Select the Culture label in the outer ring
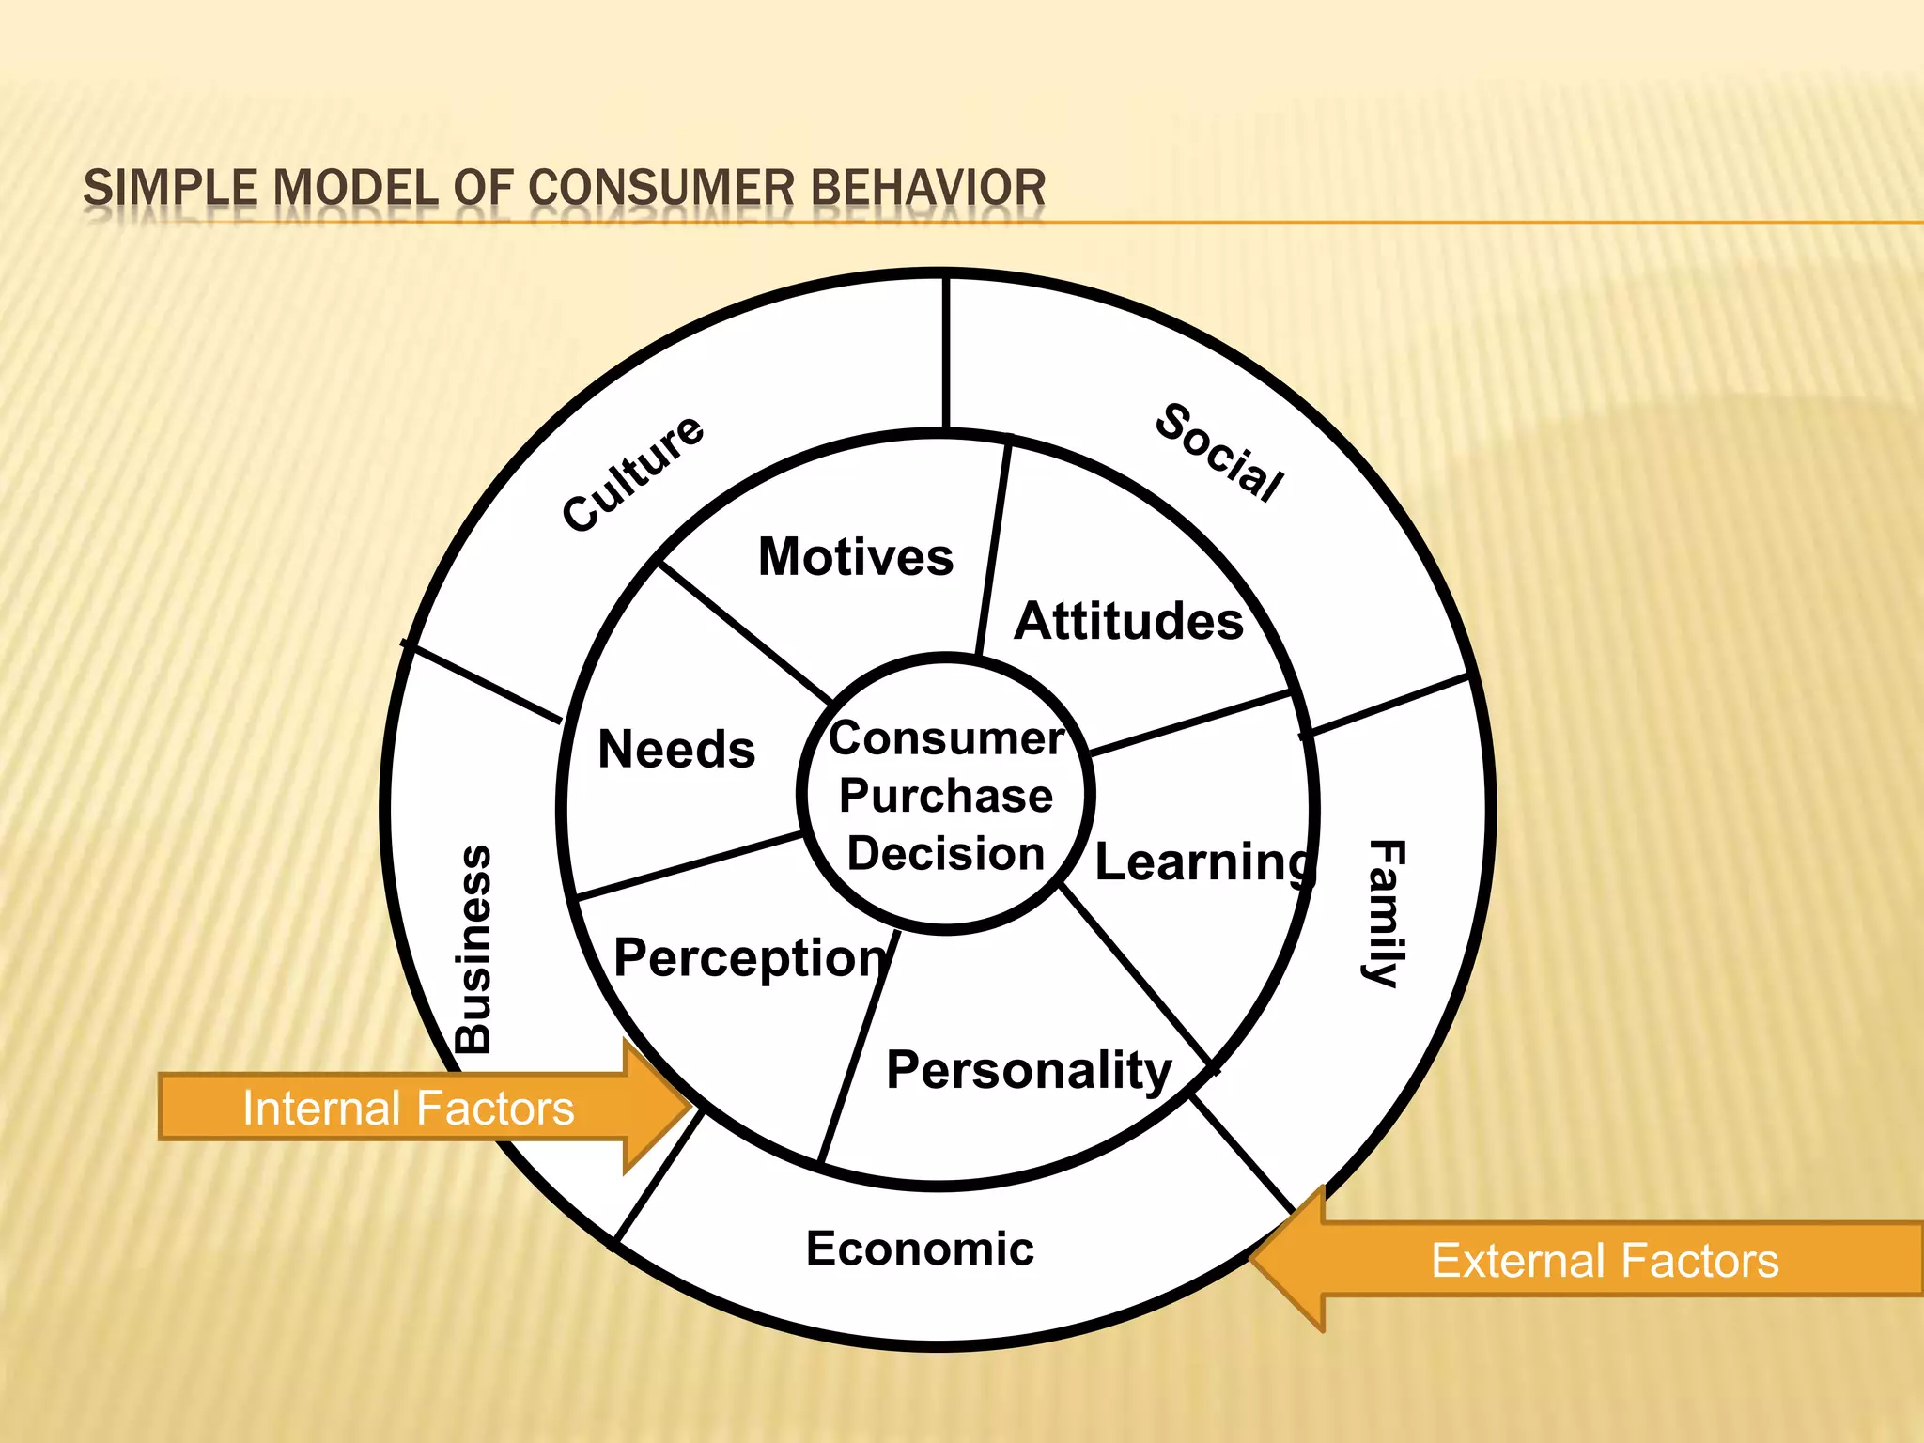(x=632, y=473)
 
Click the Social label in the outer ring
(x=1219, y=453)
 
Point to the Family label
(x=1385, y=913)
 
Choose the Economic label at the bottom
(x=920, y=1249)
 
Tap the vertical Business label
(x=473, y=949)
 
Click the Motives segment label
(x=856, y=556)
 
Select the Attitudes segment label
(x=1128, y=621)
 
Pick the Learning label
(x=1204, y=861)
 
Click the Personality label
(x=1029, y=1070)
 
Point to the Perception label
(x=750, y=959)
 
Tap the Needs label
(x=676, y=749)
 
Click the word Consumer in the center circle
(x=946, y=737)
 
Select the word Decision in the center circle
(x=945, y=853)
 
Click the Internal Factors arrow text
(x=408, y=1108)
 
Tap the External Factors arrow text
(x=1605, y=1260)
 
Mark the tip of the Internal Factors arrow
(x=693, y=1107)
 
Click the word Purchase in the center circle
(x=945, y=796)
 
